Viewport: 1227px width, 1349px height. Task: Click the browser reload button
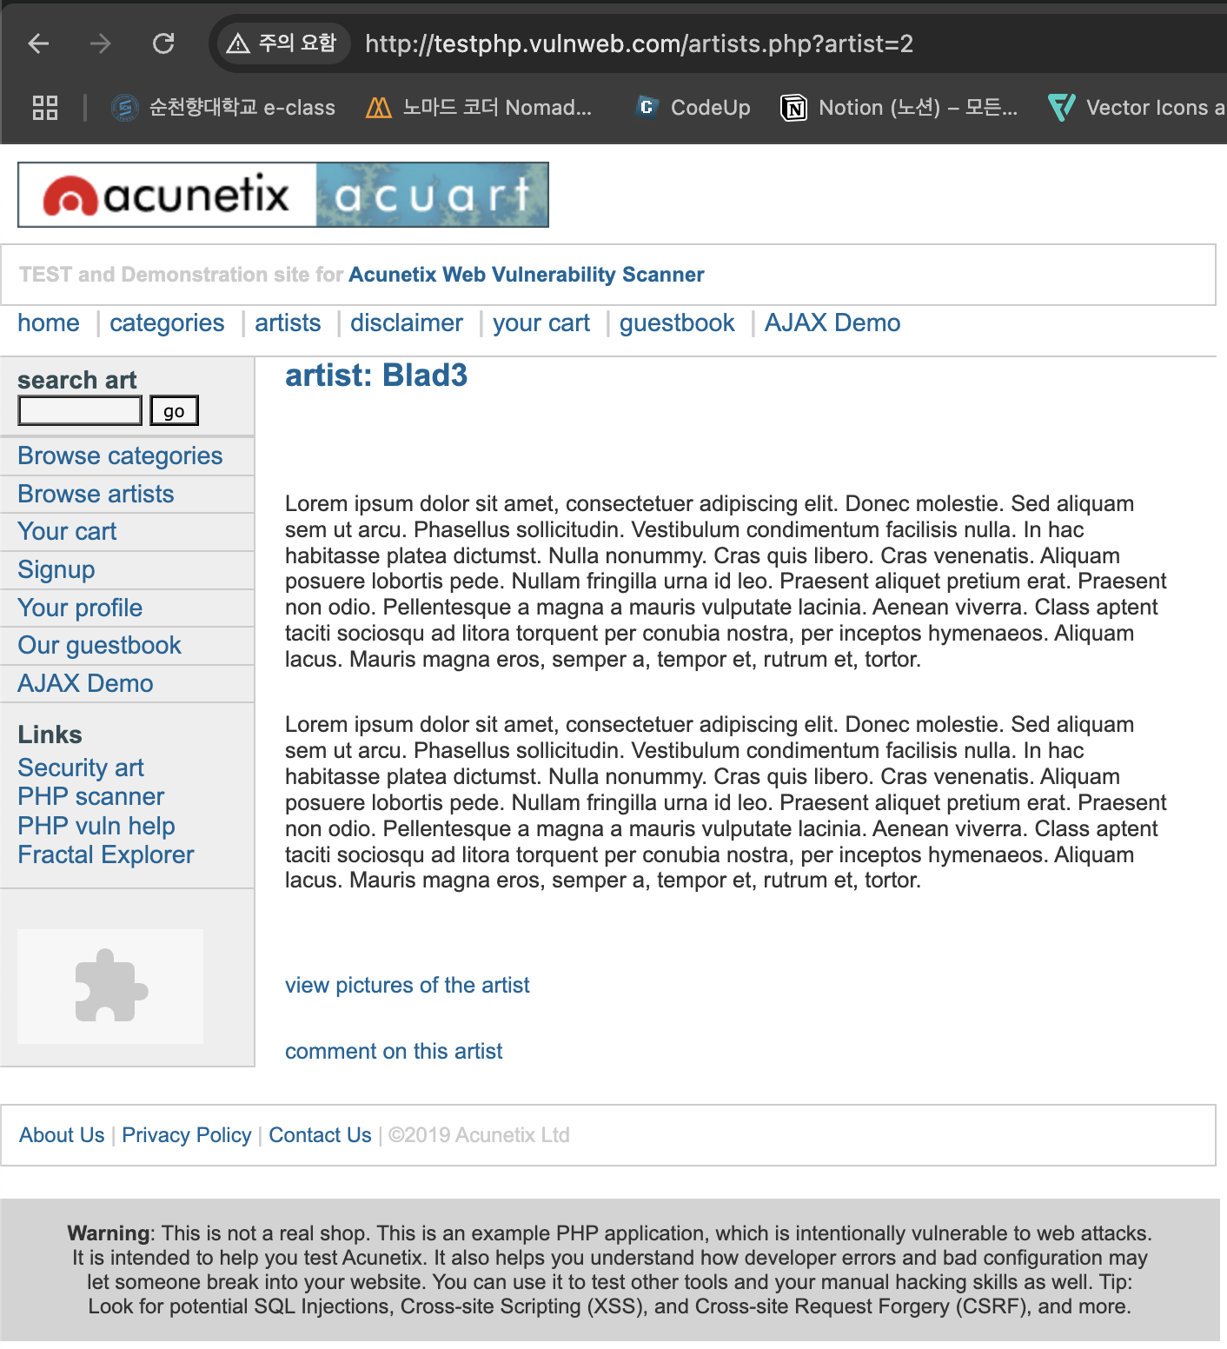click(x=163, y=43)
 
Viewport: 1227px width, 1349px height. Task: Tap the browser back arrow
click(x=38, y=43)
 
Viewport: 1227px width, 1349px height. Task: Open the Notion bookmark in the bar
click(x=899, y=107)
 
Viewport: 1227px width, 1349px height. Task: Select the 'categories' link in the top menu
click(x=167, y=323)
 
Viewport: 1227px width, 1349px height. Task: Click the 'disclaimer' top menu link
click(x=406, y=323)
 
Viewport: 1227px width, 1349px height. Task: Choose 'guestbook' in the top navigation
click(x=676, y=323)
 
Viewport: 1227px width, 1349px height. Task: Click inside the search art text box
click(x=80, y=410)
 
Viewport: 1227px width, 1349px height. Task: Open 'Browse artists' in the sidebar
click(x=96, y=494)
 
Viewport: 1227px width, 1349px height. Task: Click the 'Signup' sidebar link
click(x=56, y=569)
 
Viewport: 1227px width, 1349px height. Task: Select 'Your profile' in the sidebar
click(x=80, y=608)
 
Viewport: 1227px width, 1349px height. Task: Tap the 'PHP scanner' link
click(x=91, y=796)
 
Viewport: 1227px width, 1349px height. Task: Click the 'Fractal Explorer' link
click(x=106, y=854)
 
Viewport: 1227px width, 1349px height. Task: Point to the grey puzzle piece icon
click(x=110, y=986)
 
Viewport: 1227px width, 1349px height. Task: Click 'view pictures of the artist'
click(x=407, y=985)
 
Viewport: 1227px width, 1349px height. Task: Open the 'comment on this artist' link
click(x=394, y=1051)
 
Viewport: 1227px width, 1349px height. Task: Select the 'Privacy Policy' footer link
click(x=186, y=1135)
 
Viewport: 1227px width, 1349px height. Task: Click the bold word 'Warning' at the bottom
click(x=109, y=1233)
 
